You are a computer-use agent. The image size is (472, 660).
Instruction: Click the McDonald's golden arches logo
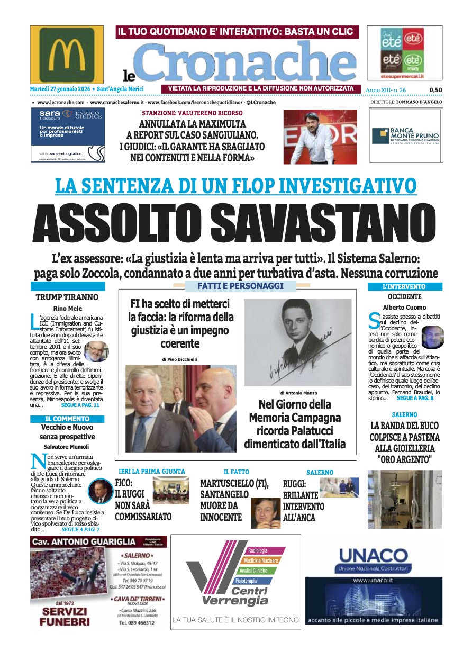point(67,54)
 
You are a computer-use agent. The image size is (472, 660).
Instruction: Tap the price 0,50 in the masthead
point(435,90)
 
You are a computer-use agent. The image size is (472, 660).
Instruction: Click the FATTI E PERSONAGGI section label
point(233,286)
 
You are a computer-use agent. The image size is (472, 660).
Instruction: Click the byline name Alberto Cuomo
point(404,307)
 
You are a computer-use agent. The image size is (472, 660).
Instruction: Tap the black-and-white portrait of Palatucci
point(297,342)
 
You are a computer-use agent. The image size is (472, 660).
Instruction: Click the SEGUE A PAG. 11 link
point(80,405)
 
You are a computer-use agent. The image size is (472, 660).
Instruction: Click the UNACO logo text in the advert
point(373,556)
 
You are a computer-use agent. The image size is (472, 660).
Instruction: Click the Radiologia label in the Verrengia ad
point(258,551)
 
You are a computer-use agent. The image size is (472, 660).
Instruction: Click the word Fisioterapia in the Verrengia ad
point(246,581)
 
